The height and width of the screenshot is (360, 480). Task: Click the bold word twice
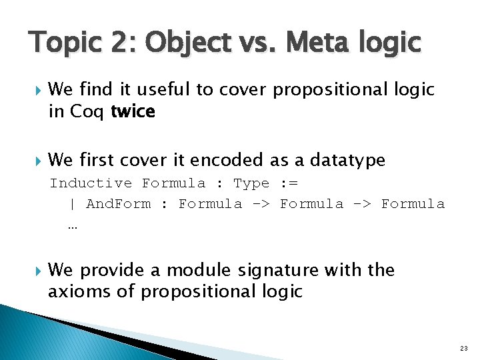coord(133,111)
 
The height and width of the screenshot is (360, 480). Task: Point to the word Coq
coord(86,111)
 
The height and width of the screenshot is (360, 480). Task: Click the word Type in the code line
coord(251,183)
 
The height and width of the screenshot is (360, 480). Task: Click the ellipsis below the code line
coord(72,225)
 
